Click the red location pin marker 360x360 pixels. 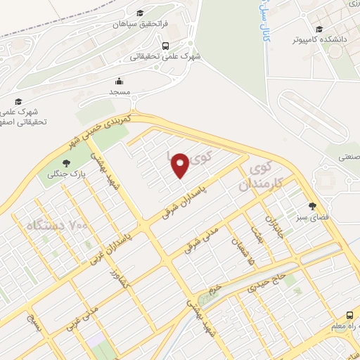tap(180, 165)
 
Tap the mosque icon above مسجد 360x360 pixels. tap(120, 81)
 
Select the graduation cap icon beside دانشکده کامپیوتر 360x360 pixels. tap(319, 30)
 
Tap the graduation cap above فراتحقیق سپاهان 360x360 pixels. tap(140, 13)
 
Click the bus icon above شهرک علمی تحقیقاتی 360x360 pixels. tap(165, 46)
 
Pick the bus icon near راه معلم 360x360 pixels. tap(349, 315)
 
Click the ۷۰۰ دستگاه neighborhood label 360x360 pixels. tap(56, 226)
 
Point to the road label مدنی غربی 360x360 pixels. tap(85, 317)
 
